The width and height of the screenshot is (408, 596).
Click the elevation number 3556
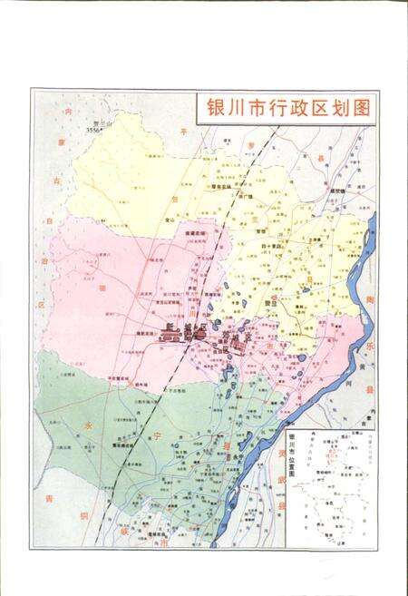click(x=94, y=131)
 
